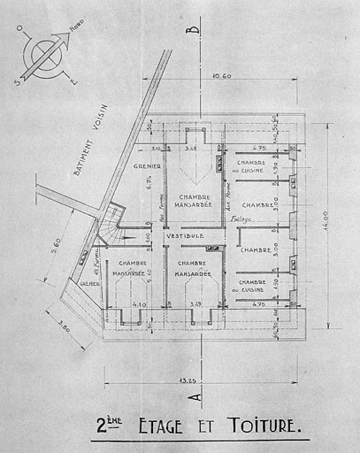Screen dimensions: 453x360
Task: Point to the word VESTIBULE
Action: (x=185, y=237)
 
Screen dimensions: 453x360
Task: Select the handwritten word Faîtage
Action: (x=238, y=218)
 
